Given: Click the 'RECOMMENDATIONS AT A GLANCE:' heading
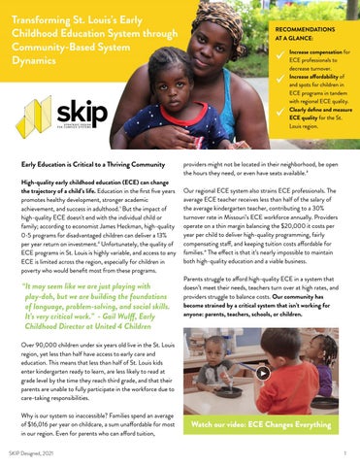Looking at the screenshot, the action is (x=307, y=24).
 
